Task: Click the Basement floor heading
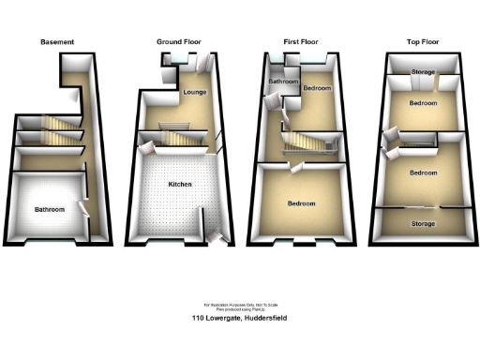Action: point(57,42)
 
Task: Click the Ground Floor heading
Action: point(178,42)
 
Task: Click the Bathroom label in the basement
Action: point(50,210)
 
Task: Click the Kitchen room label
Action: point(180,185)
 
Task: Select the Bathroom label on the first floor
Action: point(284,82)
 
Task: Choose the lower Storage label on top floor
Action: point(422,223)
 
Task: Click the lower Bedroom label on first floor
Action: point(301,203)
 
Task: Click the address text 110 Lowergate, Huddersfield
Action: point(240,319)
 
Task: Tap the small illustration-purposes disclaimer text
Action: point(240,307)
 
